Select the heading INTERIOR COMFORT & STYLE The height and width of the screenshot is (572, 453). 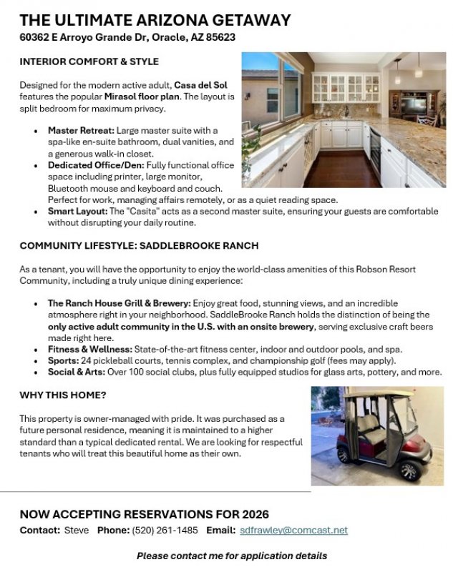pos(89,62)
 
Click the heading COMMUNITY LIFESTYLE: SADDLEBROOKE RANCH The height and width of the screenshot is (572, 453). pos(139,246)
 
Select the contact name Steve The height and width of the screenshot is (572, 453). pos(77,531)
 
